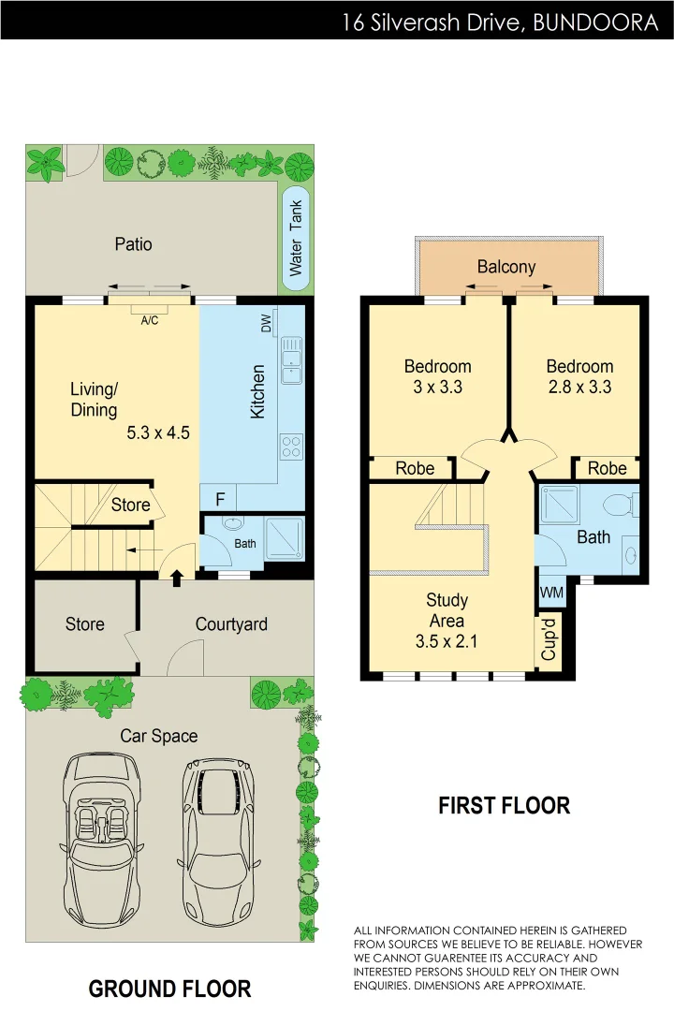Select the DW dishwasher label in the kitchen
point(267,325)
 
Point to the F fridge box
point(218,499)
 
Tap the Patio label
point(133,244)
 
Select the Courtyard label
point(231,624)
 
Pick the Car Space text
point(159,736)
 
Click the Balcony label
point(506,267)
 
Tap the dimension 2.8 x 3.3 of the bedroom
point(579,386)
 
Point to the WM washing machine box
point(551,593)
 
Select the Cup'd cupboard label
point(549,637)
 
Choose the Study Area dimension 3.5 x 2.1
point(447,640)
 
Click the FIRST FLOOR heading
point(504,805)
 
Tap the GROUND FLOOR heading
point(169,989)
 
